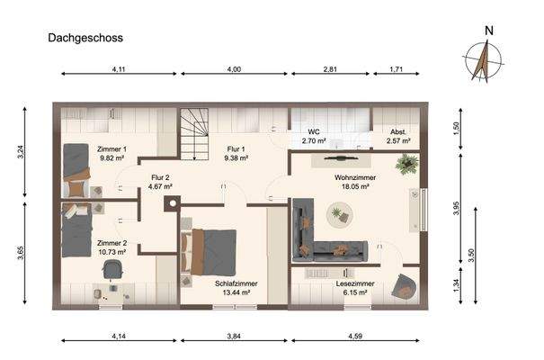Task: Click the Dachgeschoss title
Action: [85, 39]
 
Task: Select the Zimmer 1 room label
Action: [112, 148]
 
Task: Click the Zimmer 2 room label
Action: [112, 243]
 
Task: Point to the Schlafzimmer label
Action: [236, 283]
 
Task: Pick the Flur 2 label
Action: [162, 177]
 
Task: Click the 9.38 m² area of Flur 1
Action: [236, 158]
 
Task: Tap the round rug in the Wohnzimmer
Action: [339, 214]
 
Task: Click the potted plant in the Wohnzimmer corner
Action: [407, 164]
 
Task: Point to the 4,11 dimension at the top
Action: [118, 68]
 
